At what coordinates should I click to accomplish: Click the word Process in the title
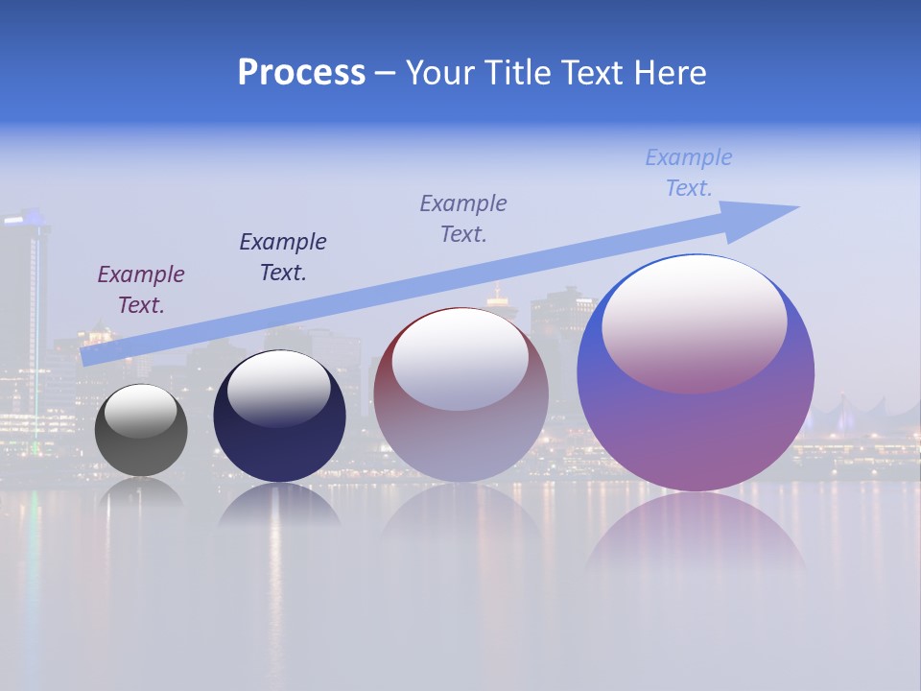301,73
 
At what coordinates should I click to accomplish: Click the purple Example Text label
141,290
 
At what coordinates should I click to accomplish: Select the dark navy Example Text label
283,257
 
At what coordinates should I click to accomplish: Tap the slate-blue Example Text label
463,219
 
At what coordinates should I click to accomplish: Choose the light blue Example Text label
689,173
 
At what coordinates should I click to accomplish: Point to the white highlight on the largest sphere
694,322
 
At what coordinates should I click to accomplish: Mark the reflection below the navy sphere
279,505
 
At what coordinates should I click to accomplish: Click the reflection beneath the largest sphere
696,533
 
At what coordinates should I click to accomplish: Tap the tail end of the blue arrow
88,356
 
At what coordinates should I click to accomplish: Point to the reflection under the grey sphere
141,491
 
